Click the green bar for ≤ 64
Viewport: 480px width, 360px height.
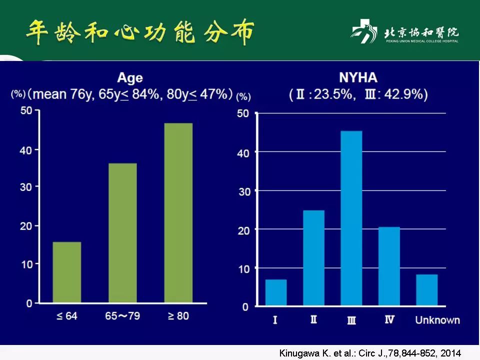coord(66,272)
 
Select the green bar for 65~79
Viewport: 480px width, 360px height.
coord(122,233)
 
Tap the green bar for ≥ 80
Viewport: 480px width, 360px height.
coord(178,213)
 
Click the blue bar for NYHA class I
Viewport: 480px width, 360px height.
coord(276,292)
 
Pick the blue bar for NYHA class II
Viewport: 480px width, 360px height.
coord(313,258)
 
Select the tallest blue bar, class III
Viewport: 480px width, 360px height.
coord(351,218)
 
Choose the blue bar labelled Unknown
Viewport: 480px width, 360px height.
coord(426,290)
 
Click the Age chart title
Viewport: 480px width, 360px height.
coord(130,78)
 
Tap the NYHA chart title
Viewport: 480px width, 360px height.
coord(358,77)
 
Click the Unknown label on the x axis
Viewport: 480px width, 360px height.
coord(437,320)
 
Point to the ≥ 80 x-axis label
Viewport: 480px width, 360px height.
coord(178,316)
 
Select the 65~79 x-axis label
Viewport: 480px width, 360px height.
coord(122,316)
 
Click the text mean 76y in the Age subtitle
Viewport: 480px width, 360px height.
coord(61,94)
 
